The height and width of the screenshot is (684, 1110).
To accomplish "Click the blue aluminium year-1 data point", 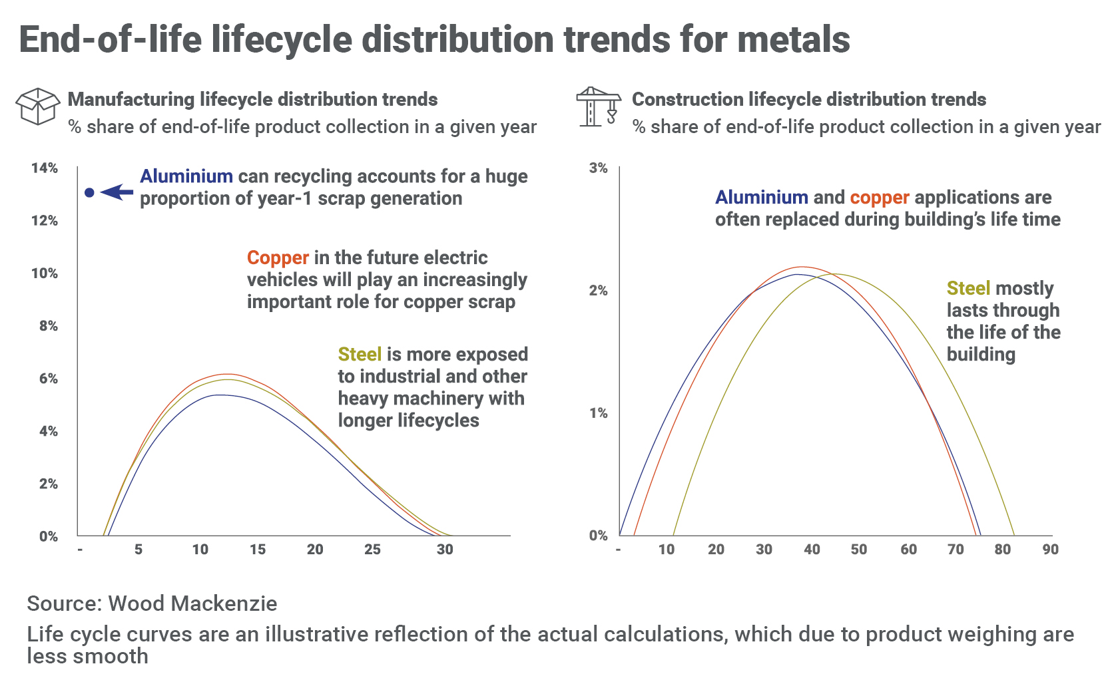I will (x=89, y=193).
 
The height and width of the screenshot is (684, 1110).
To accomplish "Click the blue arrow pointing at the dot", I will (x=118, y=192).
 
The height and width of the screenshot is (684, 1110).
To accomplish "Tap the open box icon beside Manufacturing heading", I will (x=37, y=106).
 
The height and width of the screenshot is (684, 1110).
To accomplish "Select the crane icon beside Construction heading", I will (x=597, y=106).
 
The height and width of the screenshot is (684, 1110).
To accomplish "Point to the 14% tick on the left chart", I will (x=44, y=168).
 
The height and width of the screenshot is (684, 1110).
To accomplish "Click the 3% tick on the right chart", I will (x=598, y=168).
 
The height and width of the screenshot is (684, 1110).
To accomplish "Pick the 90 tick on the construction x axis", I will (x=1050, y=550).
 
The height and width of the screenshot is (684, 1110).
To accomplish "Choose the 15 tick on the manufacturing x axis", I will (x=257, y=550).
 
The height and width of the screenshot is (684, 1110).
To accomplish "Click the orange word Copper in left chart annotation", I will (x=278, y=258).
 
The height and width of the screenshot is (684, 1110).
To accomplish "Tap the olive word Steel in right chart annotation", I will (x=968, y=289).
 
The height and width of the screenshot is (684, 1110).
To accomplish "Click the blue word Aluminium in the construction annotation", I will (x=761, y=198).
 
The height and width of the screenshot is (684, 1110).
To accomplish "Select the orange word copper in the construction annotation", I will (x=879, y=198).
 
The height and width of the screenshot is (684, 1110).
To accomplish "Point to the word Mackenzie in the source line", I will (x=235, y=603).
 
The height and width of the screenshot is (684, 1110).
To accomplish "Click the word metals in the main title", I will (x=793, y=40).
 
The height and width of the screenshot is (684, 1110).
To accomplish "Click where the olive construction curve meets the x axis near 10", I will (x=674, y=535).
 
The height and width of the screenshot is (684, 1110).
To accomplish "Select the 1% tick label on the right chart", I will (x=598, y=413).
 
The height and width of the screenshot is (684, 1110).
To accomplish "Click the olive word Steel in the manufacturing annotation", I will (x=360, y=355).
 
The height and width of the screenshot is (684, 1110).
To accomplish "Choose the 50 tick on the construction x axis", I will (x=859, y=550).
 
